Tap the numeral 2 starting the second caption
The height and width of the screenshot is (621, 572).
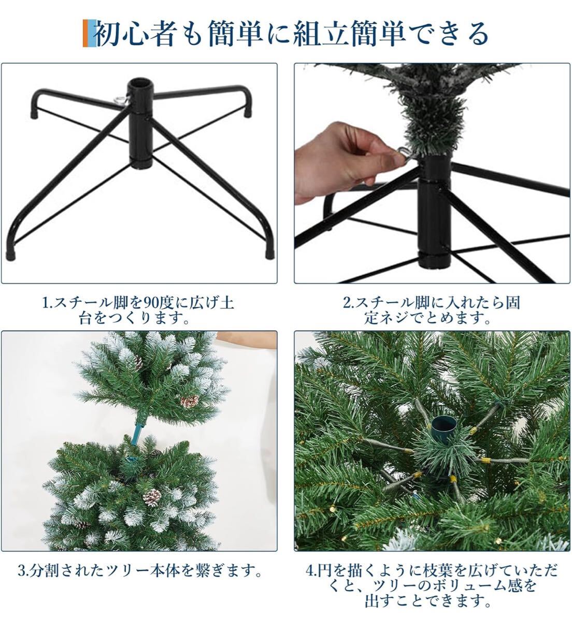coord(346,303)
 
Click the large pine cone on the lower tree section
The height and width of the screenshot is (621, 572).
coord(152,497)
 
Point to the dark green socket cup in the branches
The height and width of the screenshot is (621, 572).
coord(442,429)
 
